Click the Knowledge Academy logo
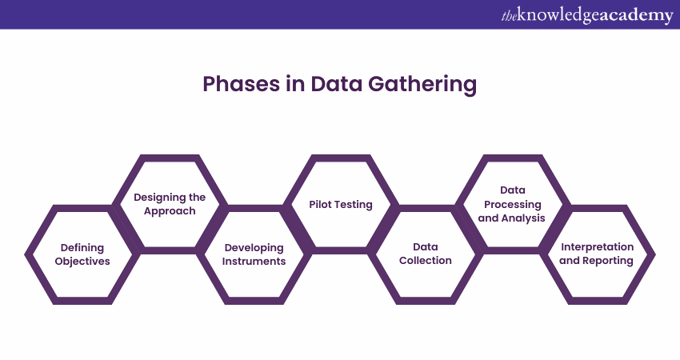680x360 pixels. tap(587, 14)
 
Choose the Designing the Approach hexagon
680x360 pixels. tap(170, 203)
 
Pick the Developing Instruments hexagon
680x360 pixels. tap(255, 254)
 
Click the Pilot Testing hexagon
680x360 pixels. tap(341, 204)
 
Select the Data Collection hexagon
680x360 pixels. tap(426, 254)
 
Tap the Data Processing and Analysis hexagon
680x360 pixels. tap(512, 203)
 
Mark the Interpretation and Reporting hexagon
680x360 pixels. tap(597, 254)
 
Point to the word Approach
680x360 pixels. tap(170, 211)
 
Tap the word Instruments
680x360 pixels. tap(255, 262)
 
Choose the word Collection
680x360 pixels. tap(426, 261)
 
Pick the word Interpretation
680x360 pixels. tap(597, 247)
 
